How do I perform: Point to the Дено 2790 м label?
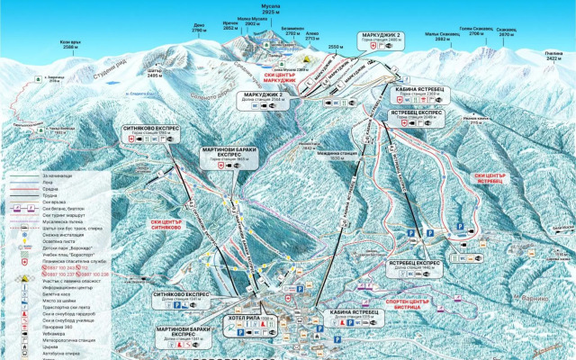[199, 29]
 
